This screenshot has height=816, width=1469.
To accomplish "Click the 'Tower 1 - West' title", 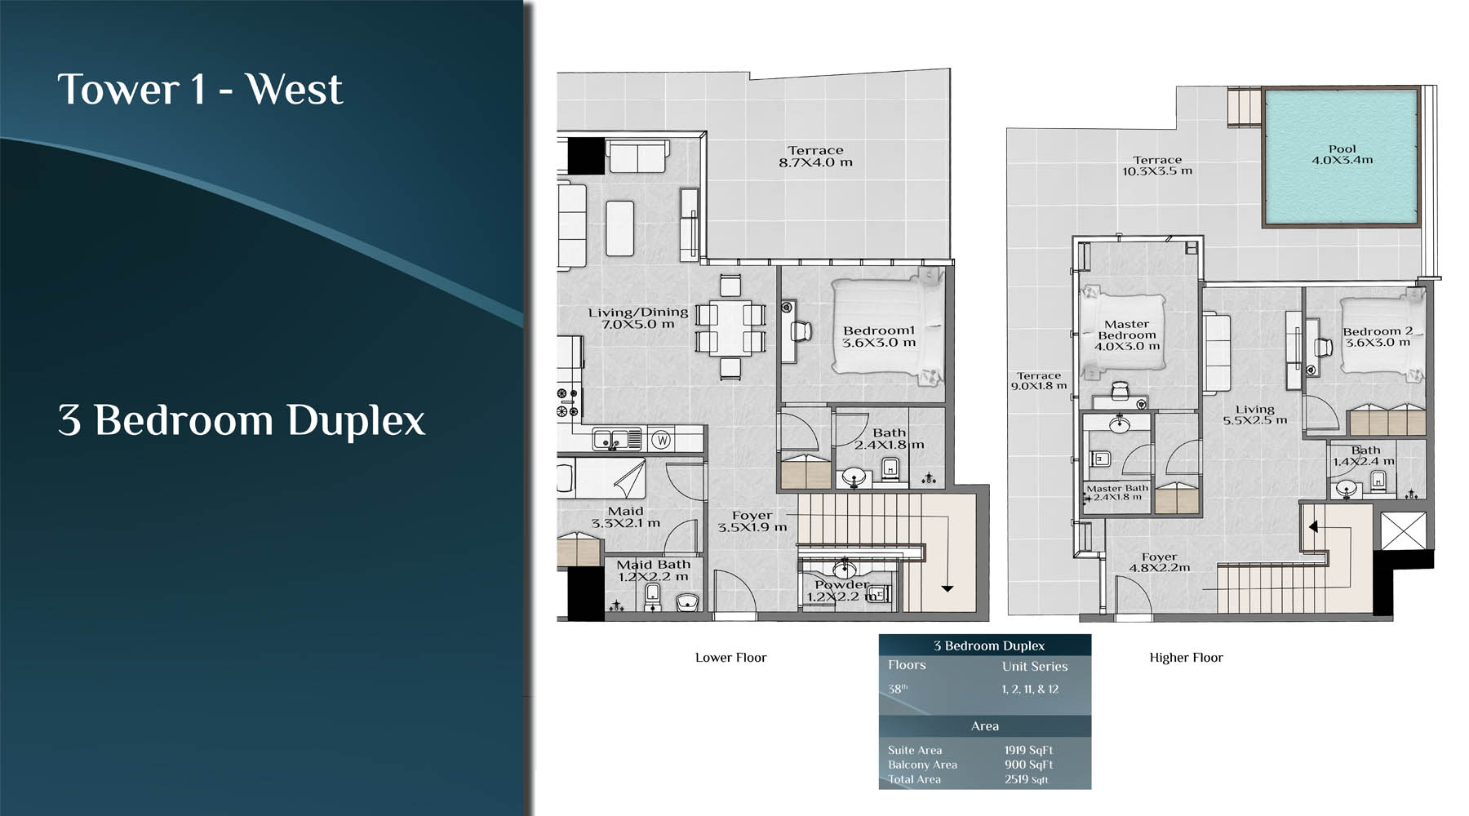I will point(200,89).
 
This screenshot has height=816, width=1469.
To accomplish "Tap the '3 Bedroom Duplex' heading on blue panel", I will point(242,420).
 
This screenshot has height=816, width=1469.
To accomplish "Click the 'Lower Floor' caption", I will point(730,658).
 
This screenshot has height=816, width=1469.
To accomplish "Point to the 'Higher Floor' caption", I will point(1186,658).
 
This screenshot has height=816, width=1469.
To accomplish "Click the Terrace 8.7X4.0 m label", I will point(815,157).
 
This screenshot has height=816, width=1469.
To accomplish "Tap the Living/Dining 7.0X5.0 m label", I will point(638,318).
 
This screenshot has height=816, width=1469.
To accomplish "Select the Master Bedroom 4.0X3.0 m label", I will point(1126,335).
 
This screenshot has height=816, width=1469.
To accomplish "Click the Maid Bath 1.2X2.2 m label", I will point(653,570).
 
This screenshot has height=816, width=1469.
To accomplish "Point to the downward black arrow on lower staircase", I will point(947,588).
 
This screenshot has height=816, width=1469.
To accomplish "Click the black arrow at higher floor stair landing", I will point(1313,527).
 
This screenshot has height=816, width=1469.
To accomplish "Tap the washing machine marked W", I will point(661,441).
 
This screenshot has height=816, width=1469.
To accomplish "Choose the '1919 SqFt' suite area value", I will point(1028,750).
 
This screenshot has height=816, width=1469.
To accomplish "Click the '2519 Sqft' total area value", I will point(1026,779).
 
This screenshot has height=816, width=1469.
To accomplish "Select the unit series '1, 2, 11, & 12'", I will point(1030,690).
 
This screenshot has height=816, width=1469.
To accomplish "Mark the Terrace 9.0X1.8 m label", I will point(1038,381).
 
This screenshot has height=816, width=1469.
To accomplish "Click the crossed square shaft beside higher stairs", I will point(1403,530).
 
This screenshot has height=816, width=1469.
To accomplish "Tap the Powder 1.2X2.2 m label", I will point(841,591).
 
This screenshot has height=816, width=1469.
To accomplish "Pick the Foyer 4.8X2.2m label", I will point(1159,562).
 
